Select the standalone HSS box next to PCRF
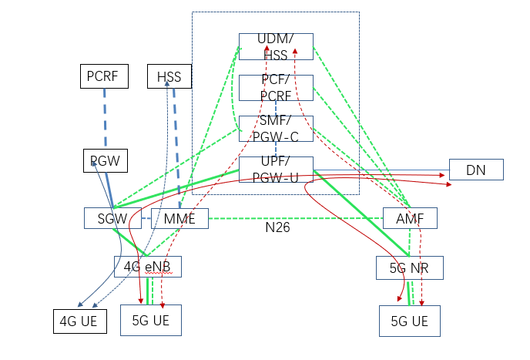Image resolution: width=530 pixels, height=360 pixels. coord(169,76)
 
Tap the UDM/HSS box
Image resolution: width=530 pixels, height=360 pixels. coord(276,47)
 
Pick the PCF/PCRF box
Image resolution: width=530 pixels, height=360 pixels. coord(276,88)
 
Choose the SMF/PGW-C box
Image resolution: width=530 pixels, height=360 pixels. coord(276,129)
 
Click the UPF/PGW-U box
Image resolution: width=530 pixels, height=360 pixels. coord(276,170)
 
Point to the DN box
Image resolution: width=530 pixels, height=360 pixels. coord(475,170)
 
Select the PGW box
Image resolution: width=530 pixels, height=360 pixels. coord(106,161)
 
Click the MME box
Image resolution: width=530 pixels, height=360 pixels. coord(179,218)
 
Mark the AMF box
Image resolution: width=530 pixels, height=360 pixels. coord(410,218)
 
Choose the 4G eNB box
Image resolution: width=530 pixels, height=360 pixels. coord(148,267)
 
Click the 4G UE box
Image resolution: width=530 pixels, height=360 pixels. coord(79,320)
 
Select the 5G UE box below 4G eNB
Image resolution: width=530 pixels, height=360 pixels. coord(150,320)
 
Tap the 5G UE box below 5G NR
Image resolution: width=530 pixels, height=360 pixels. coord(409,321)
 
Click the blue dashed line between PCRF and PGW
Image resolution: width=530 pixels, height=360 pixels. coord(105,119)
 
